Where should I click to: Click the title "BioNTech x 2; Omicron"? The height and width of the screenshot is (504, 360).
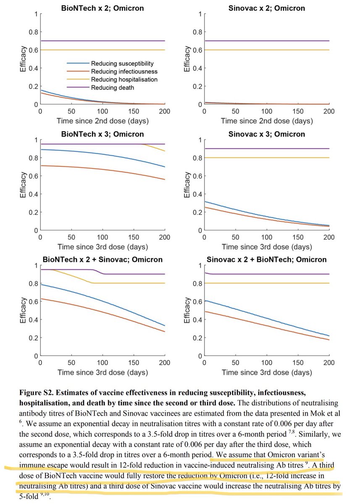point(102,8)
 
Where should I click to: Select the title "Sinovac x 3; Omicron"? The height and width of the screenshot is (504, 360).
point(266,134)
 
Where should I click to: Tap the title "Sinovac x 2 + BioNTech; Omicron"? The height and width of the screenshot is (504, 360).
point(266,260)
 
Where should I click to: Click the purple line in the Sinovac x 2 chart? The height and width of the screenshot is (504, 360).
point(266,41)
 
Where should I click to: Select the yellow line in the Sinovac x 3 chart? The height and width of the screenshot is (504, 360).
point(266,157)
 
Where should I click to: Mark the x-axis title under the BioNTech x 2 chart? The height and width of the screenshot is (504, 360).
point(102,121)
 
